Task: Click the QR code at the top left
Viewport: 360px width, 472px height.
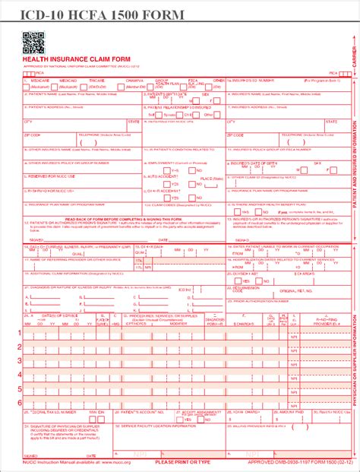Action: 33,43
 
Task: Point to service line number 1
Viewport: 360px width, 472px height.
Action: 19,353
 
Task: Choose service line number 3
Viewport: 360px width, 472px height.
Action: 19,376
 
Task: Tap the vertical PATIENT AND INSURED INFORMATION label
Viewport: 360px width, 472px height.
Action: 353,167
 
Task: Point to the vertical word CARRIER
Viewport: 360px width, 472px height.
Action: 353,53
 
